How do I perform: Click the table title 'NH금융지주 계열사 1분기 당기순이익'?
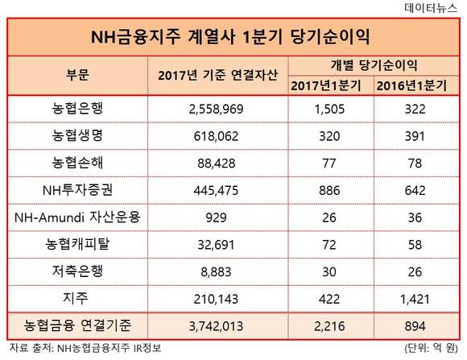coord(230,37)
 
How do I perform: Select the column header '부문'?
coord(77,75)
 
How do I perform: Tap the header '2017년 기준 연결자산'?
coord(217,75)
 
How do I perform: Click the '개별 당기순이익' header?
coord(374,65)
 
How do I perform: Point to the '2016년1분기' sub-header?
coord(412,86)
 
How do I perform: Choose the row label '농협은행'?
coord(77,109)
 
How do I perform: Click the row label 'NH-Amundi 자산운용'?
coord(77,217)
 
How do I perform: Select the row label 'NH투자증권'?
coord(77,190)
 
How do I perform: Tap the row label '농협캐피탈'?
coord(77,244)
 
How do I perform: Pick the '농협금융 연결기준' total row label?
coord(77,325)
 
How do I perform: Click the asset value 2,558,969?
coord(217,109)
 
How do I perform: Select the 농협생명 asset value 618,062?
coord(217,136)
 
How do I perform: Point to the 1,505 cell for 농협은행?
coord(329,109)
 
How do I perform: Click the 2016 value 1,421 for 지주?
coord(415,300)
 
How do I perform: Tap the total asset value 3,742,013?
coord(217,326)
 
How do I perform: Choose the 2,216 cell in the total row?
coord(329,326)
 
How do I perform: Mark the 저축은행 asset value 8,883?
coord(217,272)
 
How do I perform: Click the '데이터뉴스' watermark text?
coord(431,8)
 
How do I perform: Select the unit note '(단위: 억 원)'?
coord(431,348)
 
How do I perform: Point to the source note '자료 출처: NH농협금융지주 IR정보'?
coord(85,348)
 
